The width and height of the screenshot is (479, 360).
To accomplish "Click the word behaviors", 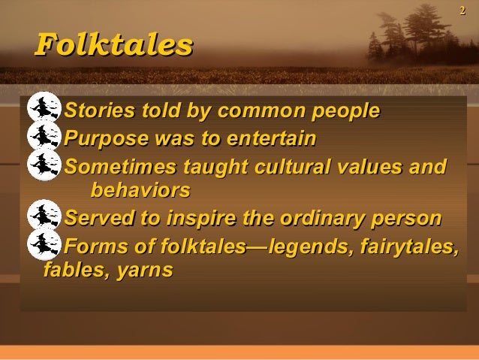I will point(140,188).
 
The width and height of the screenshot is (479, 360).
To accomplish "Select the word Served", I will point(93,219).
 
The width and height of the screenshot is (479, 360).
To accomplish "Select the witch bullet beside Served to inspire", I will point(43,216).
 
